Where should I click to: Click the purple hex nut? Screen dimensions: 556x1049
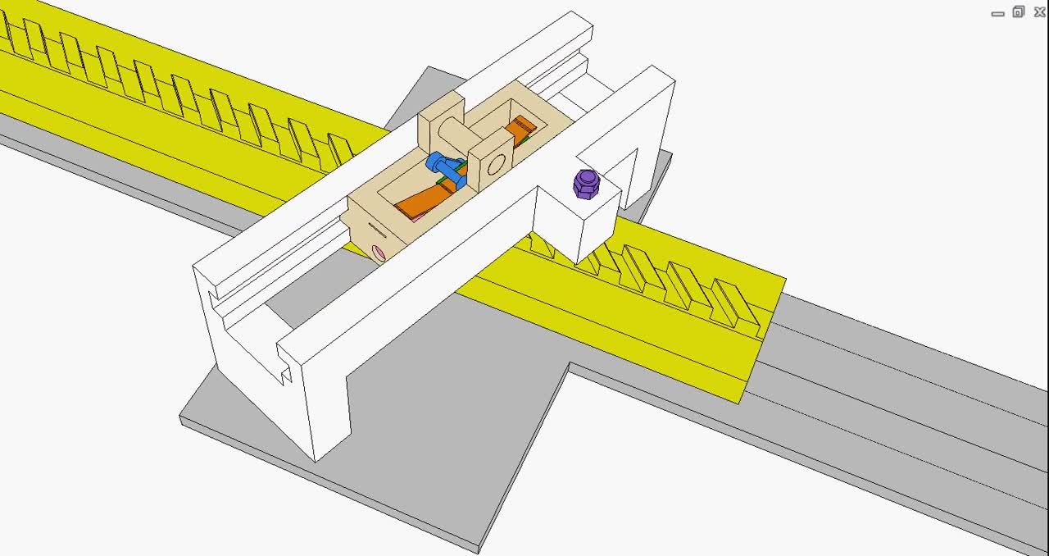(587, 184)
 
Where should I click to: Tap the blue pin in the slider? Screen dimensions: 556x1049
(443, 169)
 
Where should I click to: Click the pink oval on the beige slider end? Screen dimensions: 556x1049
(379, 253)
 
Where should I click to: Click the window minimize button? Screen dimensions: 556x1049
(997, 13)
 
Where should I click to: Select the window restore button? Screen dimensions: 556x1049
(1018, 11)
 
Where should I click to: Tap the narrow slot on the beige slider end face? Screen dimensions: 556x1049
(375, 227)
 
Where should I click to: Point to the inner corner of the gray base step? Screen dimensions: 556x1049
(569, 366)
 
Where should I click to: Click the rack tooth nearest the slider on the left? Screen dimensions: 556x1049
(339, 150)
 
